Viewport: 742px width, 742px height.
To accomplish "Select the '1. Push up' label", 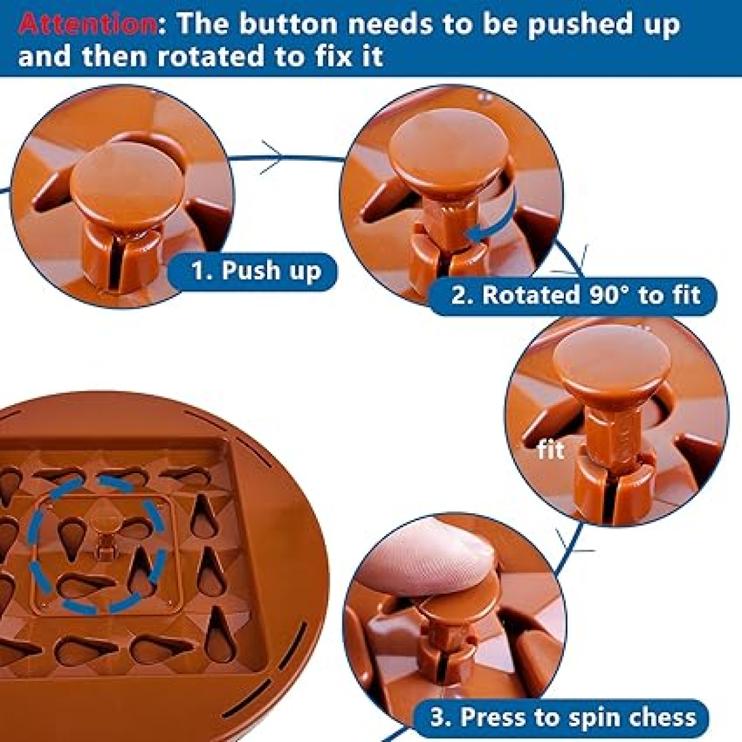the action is [x=255, y=271].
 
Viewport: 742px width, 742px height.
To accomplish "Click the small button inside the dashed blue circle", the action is [x=104, y=545].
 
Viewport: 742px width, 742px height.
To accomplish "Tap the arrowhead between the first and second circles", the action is [x=273, y=157].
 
